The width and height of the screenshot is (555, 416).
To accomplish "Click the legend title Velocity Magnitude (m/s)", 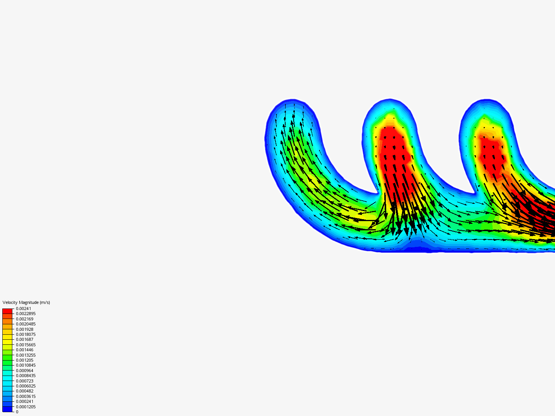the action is pyautogui.click(x=26, y=302).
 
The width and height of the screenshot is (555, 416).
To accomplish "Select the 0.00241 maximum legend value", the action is pyautogui.click(x=24, y=309).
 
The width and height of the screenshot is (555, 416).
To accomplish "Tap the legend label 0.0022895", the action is pyautogui.click(x=26, y=314).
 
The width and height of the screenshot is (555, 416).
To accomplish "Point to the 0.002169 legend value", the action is pyautogui.click(x=25, y=319).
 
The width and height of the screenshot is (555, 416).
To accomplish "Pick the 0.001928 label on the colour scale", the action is pyautogui.click(x=25, y=329).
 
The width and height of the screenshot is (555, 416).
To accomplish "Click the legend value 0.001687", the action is pyautogui.click(x=25, y=339).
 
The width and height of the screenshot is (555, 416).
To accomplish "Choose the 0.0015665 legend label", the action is pyautogui.click(x=26, y=345).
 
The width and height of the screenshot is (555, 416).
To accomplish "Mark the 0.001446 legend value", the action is pyautogui.click(x=25, y=350).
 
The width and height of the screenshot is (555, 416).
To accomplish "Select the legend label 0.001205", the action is pyautogui.click(x=25, y=360).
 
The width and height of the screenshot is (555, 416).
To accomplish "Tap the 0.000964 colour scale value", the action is pyautogui.click(x=25, y=371).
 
